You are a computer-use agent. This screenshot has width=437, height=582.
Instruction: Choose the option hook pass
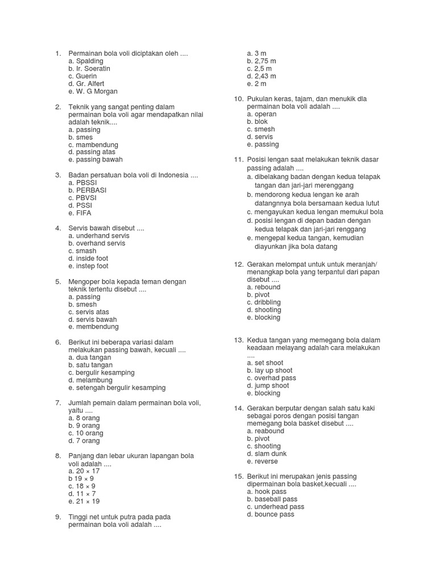tap(266, 492)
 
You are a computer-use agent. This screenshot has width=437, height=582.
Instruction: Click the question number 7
tap(57, 403)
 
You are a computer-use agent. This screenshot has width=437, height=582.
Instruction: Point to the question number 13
tap(238, 340)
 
